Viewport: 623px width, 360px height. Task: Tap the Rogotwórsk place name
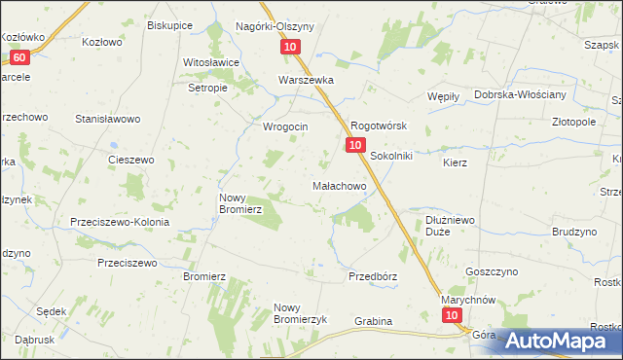click(x=378, y=126)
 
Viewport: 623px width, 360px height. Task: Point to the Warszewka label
click(x=307, y=81)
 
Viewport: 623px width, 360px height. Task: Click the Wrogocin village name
click(x=285, y=126)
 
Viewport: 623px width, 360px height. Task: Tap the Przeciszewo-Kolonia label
click(x=120, y=222)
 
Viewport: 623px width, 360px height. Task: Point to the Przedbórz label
click(x=373, y=276)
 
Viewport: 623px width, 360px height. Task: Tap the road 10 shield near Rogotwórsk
click(x=354, y=145)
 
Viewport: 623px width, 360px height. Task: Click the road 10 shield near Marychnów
click(x=451, y=316)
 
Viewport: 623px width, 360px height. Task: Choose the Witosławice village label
click(x=211, y=62)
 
